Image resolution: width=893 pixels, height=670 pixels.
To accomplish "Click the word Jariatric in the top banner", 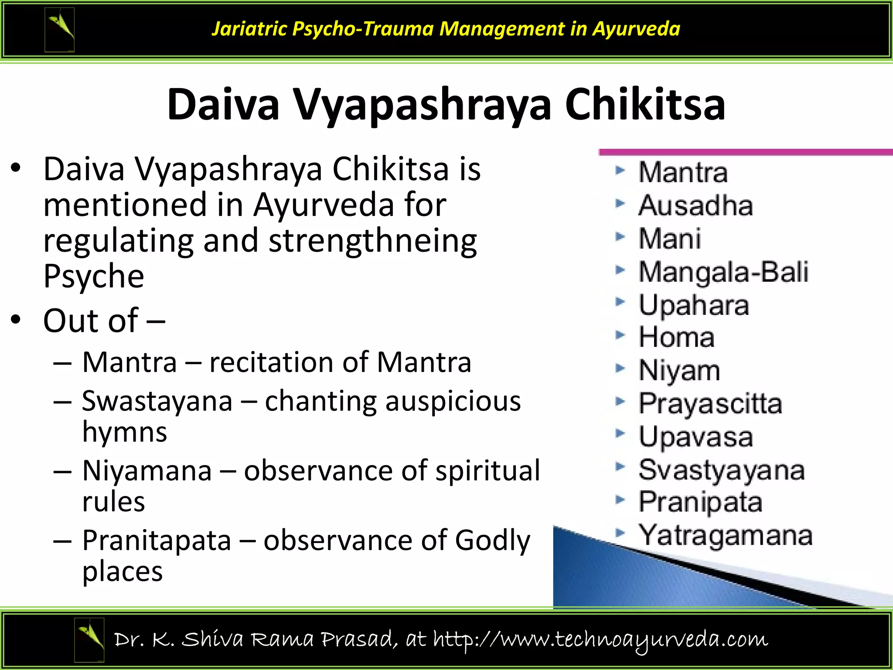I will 249,29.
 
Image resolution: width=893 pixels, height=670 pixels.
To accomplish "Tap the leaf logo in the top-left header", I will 60,30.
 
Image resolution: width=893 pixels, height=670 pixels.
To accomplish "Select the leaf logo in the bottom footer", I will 89,639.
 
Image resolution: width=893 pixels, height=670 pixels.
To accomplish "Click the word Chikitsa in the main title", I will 645,105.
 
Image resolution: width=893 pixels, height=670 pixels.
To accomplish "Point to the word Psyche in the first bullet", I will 93,277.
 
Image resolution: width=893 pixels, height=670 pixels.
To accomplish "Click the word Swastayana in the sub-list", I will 157,401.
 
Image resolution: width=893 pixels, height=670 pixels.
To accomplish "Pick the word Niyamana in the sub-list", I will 147,471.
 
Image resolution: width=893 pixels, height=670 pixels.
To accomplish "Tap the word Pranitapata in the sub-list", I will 157,540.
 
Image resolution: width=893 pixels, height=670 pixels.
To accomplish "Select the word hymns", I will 125,432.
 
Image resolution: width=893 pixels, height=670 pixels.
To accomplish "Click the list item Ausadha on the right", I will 695,205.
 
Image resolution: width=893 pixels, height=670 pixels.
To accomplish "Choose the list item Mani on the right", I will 670,239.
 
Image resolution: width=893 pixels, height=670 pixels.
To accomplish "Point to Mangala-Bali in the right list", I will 723,272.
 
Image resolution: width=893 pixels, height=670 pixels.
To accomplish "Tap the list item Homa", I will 676,338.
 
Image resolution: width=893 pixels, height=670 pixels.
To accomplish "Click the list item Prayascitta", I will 710,403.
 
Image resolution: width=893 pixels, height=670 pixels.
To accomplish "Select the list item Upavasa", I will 695,437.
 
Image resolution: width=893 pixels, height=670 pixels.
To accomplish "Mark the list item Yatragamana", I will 725,535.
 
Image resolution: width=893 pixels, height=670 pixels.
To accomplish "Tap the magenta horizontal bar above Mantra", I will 746,152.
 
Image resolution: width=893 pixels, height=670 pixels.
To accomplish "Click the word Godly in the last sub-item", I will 492,540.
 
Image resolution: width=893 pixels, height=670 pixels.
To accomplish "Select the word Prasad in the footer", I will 359,639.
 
